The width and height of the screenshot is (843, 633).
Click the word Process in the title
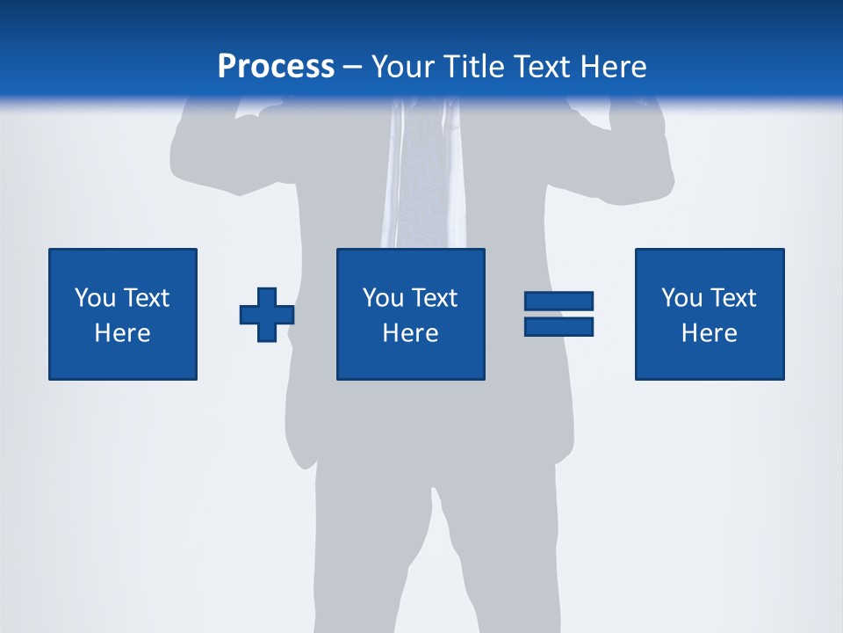pyautogui.click(x=276, y=67)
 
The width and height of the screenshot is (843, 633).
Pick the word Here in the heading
pyautogui.click(x=614, y=67)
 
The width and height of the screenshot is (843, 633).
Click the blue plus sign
pyautogui.click(x=267, y=315)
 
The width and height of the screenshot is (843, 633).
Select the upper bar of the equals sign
pyautogui.click(x=558, y=302)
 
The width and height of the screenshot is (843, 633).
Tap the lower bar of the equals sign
pyautogui.click(x=558, y=327)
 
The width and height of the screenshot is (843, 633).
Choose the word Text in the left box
pyautogui.click(x=146, y=298)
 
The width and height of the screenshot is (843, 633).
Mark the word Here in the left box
pyautogui.click(x=123, y=333)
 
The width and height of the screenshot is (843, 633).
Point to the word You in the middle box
pyautogui.click(x=384, y=298)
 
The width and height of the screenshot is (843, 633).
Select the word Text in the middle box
pyautogui.click(x=434, y=298)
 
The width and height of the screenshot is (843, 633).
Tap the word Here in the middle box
pyautogui.click(x=411, y=333)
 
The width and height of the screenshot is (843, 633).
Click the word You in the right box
pyautogui.click(x=682, y=298)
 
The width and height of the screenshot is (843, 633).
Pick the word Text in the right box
pyautogui.click(x=732, y=298)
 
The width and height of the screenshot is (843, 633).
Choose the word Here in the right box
pyautogui.click(x=710, y=333)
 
